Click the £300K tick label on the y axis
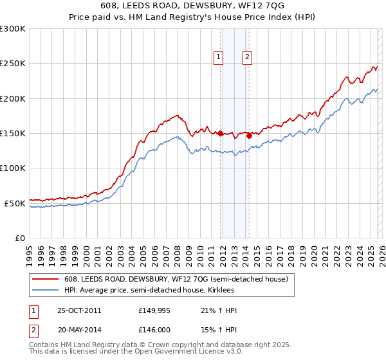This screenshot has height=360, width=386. [x=13, y=29]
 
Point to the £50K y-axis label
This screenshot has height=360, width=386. [x=15, y=203]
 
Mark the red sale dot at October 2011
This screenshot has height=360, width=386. [x=220, y=134]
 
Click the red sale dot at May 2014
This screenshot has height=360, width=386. [x=249, y=136]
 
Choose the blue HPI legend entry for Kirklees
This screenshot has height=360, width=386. [x=161, y=291]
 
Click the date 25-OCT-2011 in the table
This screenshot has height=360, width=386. [x=79, y=310]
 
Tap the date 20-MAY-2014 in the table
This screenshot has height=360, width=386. [x=80, y=330]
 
